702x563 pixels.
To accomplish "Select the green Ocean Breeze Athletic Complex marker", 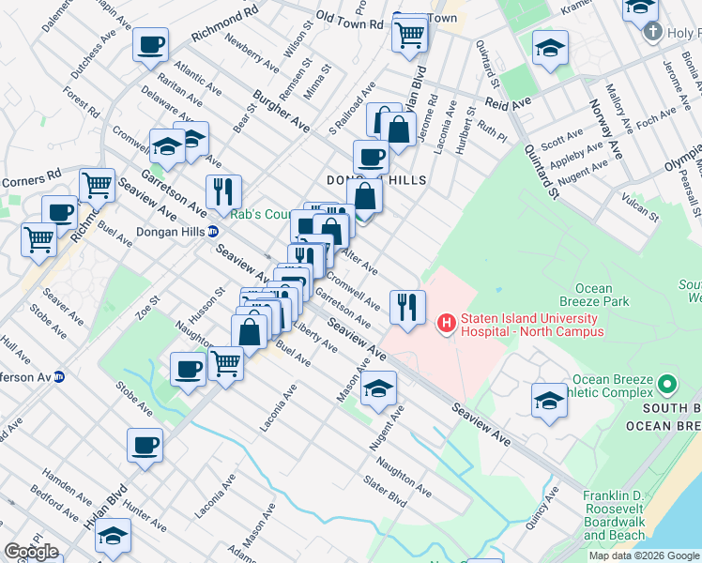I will point(667,385).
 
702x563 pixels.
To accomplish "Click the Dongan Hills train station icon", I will point(214,231).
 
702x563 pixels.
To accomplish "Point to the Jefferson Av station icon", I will point(58,376).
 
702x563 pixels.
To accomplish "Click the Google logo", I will point(31,552).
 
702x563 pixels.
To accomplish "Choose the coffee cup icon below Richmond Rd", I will point(150,44).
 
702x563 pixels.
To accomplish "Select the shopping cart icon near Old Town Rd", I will point(409,35).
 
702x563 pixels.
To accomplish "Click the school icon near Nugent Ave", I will point(378,388).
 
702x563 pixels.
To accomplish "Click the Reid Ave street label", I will point(508,104).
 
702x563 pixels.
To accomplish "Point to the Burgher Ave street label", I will point(282,110).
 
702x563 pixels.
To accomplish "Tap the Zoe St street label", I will point(148,308).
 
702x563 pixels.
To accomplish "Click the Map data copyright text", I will point(643,555).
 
